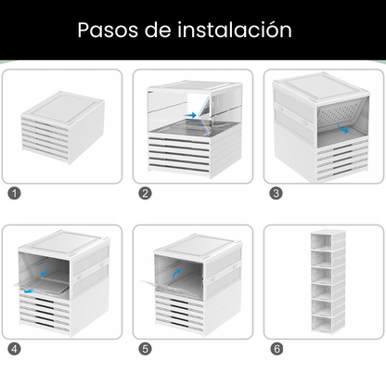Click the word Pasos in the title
click(109, 30)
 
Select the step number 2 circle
click(145, 194)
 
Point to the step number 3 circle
click(276, 194)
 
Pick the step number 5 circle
click(145, 350)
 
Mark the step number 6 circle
click(276, 350)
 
